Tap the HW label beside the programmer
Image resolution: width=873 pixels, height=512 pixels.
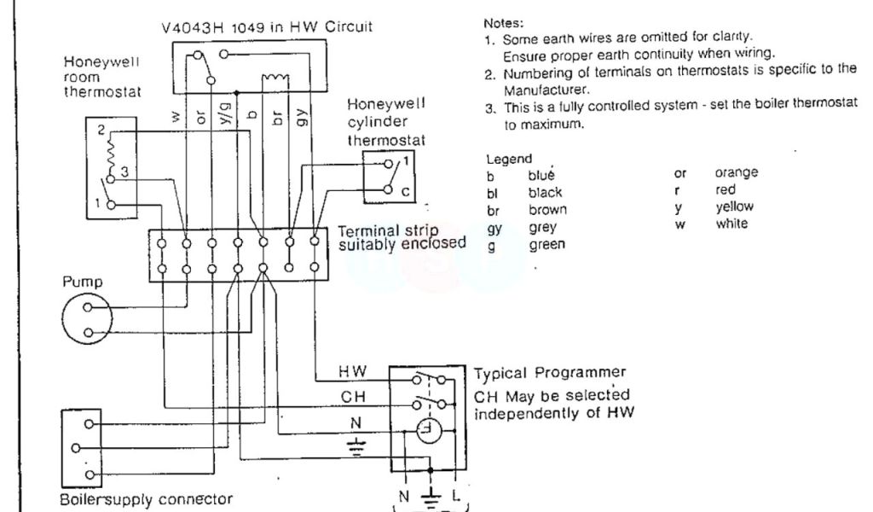352,372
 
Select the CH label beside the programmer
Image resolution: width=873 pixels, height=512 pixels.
353,397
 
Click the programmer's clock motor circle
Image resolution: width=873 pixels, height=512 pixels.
426,433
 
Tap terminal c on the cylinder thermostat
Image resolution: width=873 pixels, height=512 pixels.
406,192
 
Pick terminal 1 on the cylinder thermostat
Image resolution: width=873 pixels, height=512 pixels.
406,160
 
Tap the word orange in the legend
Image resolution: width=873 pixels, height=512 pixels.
737,173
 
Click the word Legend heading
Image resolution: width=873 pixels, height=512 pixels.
508,159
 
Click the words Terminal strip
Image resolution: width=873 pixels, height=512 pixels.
388,230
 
